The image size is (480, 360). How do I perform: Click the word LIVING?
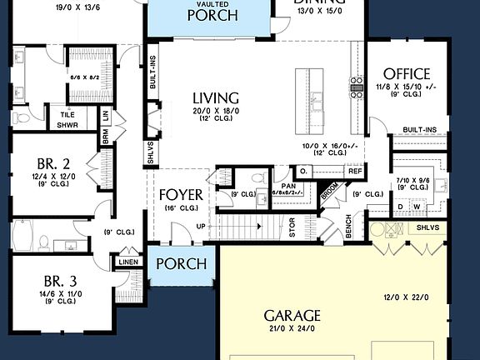pyautogui.click(x=215, y=97)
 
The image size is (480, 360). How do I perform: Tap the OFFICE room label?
pyautogui.click(x=402, y=73)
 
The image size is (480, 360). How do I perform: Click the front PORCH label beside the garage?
pyautogui.click(x=181, y=264)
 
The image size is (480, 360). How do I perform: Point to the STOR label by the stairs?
pyautogui.click(x=292, y=227)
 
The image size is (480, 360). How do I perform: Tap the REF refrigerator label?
pyautogui.click(x=355, y=171)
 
